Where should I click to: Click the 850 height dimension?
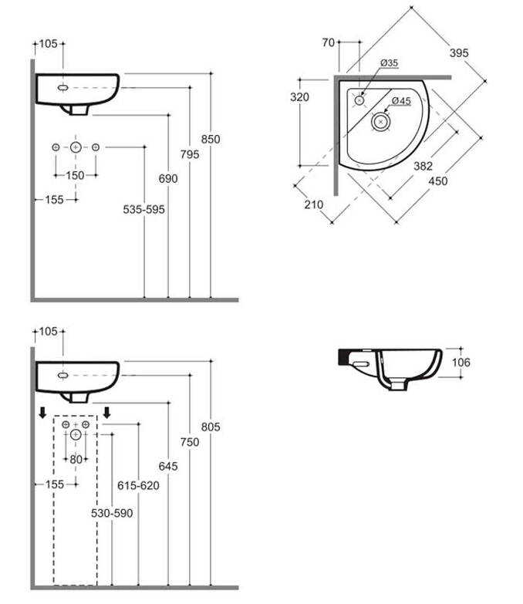pos(211,140)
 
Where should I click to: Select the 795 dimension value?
pos(190,154)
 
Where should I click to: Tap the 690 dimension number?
pos(168,179)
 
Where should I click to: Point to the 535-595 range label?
pos(144,209)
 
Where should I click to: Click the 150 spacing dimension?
pos(75,176)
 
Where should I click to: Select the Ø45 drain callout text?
pos(401,101)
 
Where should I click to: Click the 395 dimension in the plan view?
pos(460,52)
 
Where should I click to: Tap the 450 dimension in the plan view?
pos(438,182)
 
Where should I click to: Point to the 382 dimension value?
pos(422,166)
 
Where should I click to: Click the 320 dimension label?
pos(300,97)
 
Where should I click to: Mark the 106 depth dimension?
pos(461,363)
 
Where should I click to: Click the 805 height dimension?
pos(211,427)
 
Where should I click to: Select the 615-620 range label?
pos(139,486)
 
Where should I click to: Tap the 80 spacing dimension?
pos(75,461)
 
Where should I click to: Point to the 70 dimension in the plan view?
pos(329,43)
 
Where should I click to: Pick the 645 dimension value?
pos(168,466)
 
